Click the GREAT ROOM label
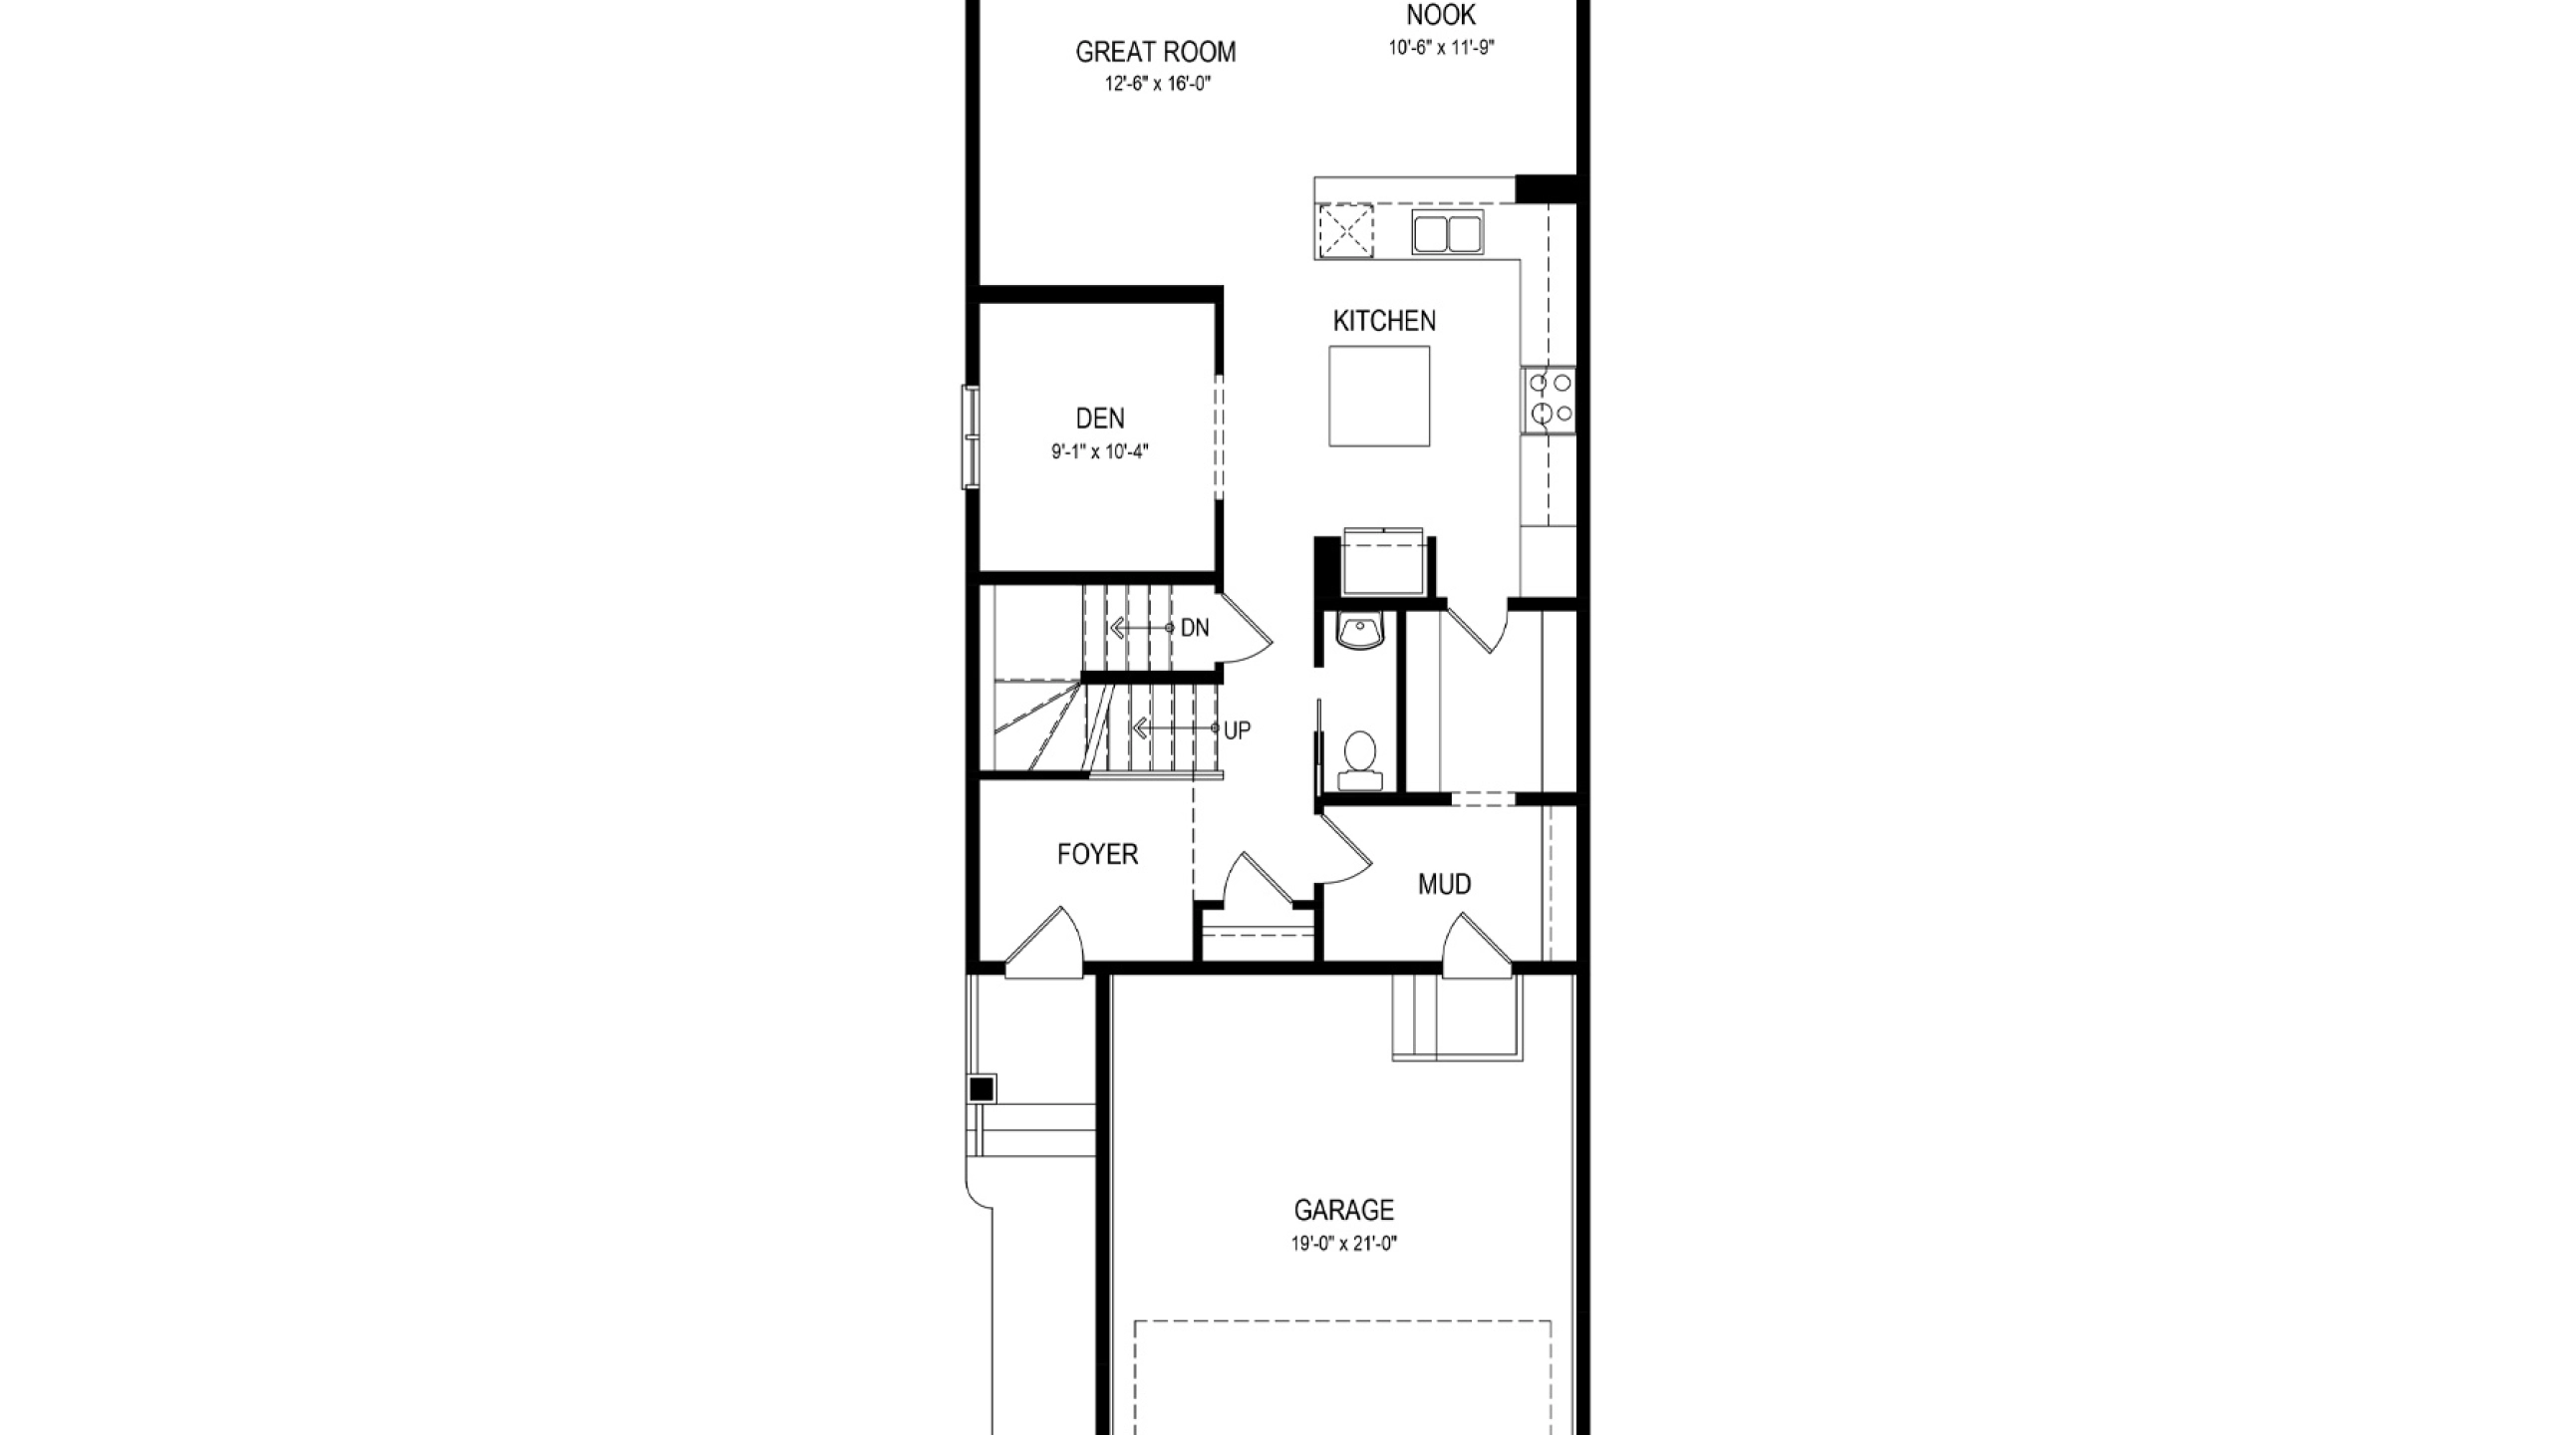[x=1156, y=52]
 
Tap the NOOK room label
[x=1441, y=15]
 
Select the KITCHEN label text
[x=1384, y=321]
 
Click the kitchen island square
[x=1379, y=396]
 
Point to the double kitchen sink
[x=1447, y=232]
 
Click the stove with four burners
[x=1549, y=399]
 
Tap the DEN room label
[x=1100, y=419]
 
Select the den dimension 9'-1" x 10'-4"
[x=1100, y=451]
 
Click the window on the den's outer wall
[x=970, y=436]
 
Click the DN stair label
[x=1195, y=628]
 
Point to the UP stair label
[x=1237, y=730]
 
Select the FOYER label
[x=1097, y=854]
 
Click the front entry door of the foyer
[x=1043, y=943]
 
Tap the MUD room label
[x=1445, y=884]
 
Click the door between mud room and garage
[x=1477, y=946]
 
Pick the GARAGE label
[x=1344, y=1210]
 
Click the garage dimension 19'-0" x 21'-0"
[x=1344, y=1244]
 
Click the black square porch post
[x=982, y=1089]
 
